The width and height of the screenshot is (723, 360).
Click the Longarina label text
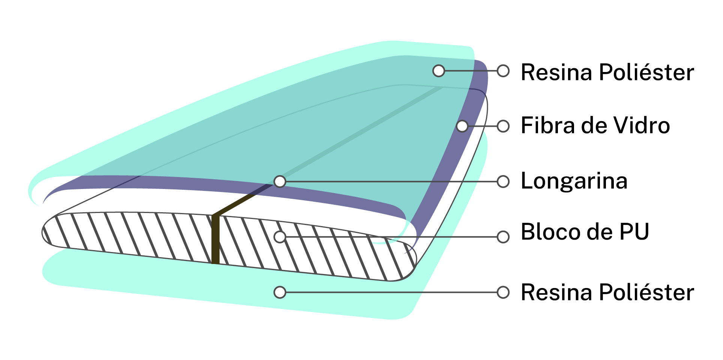point(574,181)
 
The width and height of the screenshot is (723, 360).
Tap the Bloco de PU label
point(585,232)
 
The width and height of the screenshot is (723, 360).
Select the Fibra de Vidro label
point(595,125)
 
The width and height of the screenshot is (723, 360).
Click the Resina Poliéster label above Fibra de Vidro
point(607,72)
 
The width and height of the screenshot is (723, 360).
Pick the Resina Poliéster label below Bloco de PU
point(607,292)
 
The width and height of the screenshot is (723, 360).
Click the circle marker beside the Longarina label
point(503,182)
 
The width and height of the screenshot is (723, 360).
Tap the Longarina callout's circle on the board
point(280,182)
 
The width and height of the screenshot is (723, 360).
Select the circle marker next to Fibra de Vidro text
point(503,126)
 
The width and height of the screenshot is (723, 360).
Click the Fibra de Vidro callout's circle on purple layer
point(462,126)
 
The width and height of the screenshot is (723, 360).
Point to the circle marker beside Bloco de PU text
point(503,237)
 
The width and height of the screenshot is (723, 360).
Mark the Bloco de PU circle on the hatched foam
point(280,237)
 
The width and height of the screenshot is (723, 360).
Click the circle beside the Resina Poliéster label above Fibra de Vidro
point(503,70)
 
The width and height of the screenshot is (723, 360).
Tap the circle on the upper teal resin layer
point(439,70)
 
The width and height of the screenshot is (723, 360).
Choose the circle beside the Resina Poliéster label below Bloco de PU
point(503,292)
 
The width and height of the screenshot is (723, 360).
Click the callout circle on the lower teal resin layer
point(280,292)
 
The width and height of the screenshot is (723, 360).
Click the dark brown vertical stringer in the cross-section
point(215,240)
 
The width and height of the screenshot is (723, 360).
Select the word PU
point(634,232)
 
